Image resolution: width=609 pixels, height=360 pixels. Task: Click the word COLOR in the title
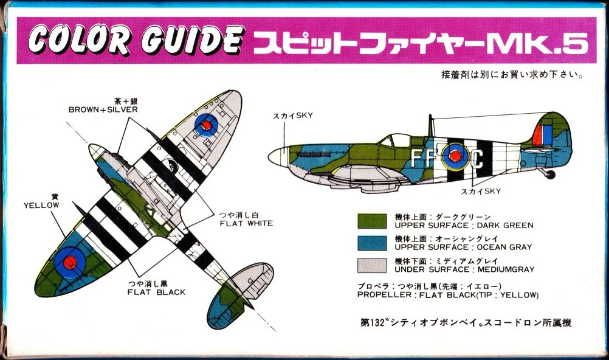[x=78, y=40]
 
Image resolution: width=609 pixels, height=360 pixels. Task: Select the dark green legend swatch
[x=372, y=221]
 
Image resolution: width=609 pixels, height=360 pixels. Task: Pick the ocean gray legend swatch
[x=372, y=243]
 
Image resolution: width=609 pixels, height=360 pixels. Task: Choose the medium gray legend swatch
[x=372, y=266]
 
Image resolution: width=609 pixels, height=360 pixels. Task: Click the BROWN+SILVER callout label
[x=103, y=109]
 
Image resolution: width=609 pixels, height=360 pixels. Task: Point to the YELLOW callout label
[x=41, y=206]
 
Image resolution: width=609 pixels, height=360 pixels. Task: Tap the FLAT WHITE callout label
[x=246, y=224]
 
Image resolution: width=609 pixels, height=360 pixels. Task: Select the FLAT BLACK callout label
[x=156, y=292]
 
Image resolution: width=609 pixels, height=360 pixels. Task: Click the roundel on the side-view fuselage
[x=455, y=156]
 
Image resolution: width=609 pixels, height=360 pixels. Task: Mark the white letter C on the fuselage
[x=477, y=159]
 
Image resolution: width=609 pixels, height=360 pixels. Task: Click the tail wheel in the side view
[x=550, y=174]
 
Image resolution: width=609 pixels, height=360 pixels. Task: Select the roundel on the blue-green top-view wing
[x=69, y=263]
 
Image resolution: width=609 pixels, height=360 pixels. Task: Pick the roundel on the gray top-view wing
[x=206, y=125]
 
